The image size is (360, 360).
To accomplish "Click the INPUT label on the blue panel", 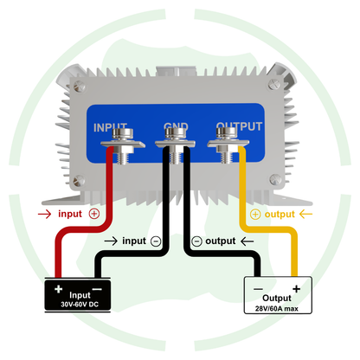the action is point(110,127).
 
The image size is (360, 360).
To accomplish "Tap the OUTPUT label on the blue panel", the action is point(239,126).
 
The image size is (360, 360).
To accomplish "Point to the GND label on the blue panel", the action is point(176,126).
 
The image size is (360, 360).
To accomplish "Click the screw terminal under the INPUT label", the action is point(123,145).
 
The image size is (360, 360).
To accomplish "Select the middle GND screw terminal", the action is point(176,145).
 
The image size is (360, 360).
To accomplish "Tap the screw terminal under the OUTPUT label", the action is point(228,145).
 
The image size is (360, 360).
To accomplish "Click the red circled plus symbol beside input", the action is point(94,214).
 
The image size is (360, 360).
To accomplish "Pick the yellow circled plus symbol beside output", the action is point(255,215).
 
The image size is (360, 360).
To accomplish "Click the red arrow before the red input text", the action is point(44,214).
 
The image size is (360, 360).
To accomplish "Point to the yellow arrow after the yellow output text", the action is point(305,215).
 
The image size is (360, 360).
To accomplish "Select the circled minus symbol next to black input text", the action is point(156,241).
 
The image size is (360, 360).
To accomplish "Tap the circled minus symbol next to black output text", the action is point(196,241).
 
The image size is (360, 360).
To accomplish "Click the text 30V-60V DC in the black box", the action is point(80,305).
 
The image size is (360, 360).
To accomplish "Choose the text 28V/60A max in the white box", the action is point(277,309).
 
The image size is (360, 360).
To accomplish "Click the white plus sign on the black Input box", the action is point(59,289).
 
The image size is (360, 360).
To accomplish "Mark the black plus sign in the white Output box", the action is point(296,289).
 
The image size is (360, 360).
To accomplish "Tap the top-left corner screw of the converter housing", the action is point(79,86).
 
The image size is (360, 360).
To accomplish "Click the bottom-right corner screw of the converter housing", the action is point(275,179).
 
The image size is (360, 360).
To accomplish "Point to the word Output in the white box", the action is point(277,298).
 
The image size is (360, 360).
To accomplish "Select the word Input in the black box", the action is point(80,295).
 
